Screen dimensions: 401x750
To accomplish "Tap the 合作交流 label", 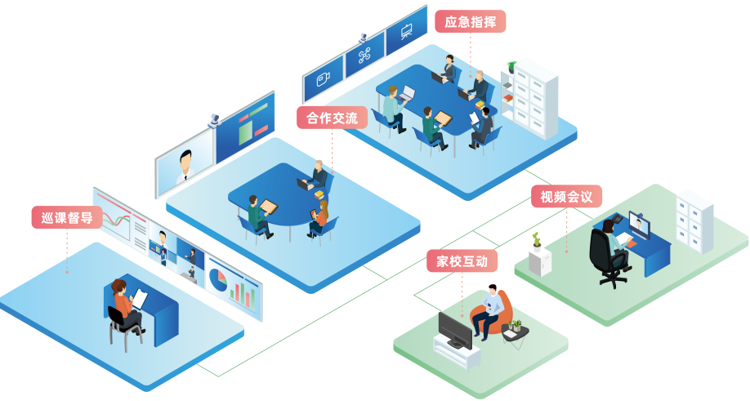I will [332, 118].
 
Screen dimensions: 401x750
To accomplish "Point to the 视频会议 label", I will [566, 196].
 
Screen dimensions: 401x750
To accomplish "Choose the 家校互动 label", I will [462, 261].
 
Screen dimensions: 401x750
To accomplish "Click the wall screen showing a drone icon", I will [364, 58].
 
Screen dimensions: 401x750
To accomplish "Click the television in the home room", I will [454, 330].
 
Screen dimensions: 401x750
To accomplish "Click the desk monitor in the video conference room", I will [639, 224].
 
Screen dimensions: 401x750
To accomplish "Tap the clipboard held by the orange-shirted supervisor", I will [140, 299].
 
